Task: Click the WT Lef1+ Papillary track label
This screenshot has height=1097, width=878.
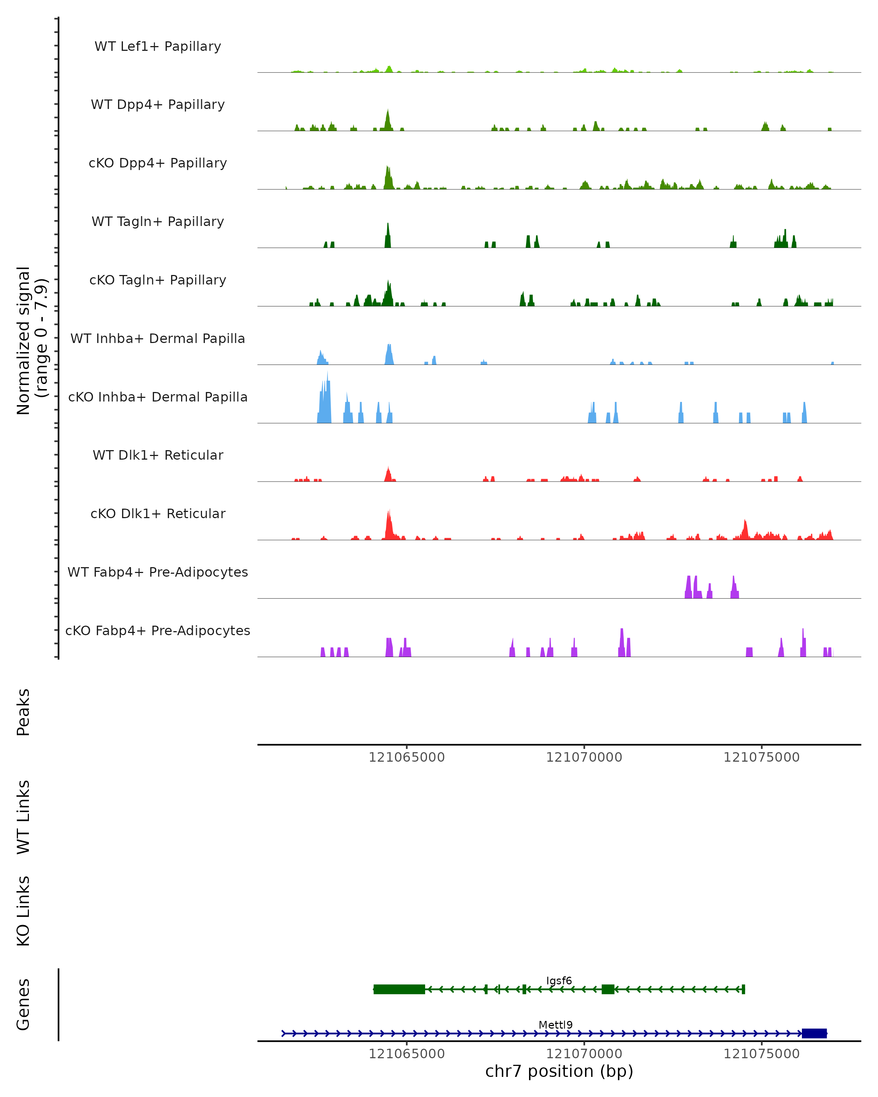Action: (x=158, y=46)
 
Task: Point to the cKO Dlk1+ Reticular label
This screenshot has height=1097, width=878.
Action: (x=158, y=513)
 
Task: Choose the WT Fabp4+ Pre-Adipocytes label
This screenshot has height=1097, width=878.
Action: (x=158, y=572)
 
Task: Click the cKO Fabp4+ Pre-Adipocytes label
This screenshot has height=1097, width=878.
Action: (x=158, y=630)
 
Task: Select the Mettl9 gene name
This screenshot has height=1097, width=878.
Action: (x=555, y=1025)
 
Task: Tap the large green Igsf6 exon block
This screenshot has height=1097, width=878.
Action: (x=399, y=989)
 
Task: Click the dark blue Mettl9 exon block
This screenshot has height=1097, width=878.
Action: (x=814, y=1033)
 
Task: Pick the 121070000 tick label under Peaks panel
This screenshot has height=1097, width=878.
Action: (x=584, y=758)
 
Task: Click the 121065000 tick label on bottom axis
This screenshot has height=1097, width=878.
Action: (x=407, y=1054)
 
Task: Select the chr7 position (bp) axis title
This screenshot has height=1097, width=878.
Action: (x=559, y=1071)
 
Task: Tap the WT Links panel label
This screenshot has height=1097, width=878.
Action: (x=23, y=817)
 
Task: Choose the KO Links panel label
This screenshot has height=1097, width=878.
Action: (x=23, y=911)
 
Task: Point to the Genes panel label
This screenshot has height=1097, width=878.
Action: (x=23, y=1004)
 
